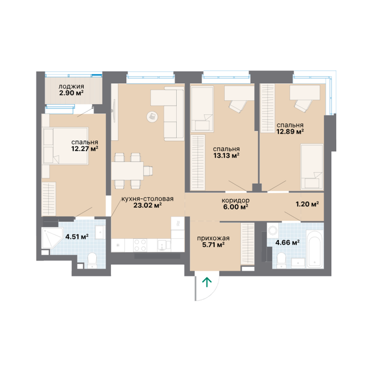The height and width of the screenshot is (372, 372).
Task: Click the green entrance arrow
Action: coord(207,282)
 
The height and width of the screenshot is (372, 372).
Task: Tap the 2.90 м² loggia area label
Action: coord(71,93)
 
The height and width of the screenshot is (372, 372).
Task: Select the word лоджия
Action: coord(71,87)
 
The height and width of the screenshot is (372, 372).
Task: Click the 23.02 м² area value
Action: coord(148,205)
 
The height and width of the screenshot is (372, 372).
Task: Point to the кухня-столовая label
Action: coord(147,199)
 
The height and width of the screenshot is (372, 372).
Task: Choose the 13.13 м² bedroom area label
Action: coord(226,155)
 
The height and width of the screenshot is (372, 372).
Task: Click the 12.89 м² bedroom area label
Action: coord(290,131)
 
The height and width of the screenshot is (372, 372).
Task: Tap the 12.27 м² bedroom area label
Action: coord(85,149)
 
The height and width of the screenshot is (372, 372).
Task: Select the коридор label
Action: coord(235,201)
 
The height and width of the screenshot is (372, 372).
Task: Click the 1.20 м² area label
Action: coord(307,204)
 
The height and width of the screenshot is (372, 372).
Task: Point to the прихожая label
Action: coord(213,238)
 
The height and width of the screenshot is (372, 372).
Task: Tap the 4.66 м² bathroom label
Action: coord(287,243)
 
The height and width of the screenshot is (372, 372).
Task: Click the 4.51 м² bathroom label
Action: coord(77,236)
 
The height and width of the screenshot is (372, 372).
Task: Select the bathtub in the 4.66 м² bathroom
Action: coord(314,248)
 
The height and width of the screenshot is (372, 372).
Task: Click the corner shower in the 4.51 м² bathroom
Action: coord(51,238)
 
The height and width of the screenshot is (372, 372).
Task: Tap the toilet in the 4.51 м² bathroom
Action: coord(92,260)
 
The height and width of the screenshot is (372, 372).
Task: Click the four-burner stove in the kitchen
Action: coord(140,245)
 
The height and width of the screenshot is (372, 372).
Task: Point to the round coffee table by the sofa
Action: coord(152,116)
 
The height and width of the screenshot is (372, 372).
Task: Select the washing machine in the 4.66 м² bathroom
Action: coord(273,230)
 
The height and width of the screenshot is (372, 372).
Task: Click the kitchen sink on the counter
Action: coord(162,245)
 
